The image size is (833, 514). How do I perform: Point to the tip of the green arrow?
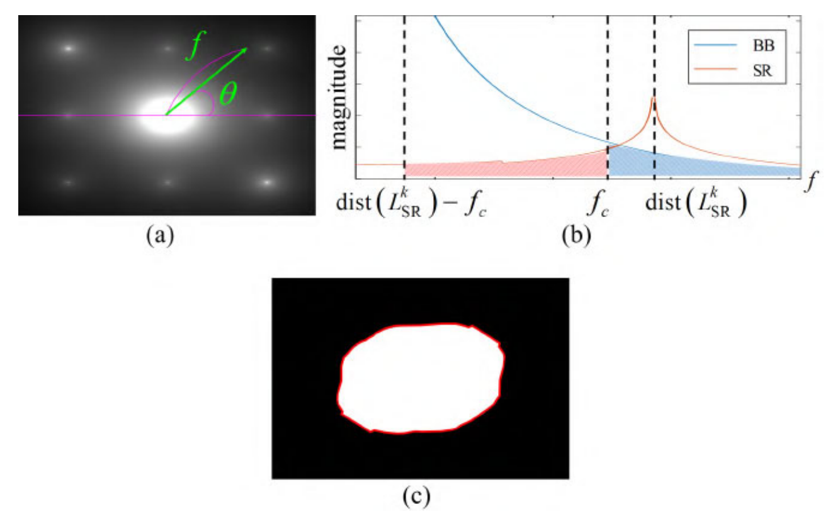tap(245, 48)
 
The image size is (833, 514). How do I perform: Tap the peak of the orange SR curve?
tap(654, 99)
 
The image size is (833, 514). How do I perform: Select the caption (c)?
tap(416, 496)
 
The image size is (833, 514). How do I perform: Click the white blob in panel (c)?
tap(421, 379)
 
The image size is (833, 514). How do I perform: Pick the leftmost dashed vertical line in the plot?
tap(404, 94)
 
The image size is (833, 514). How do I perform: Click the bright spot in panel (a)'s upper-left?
tap(69, 48)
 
